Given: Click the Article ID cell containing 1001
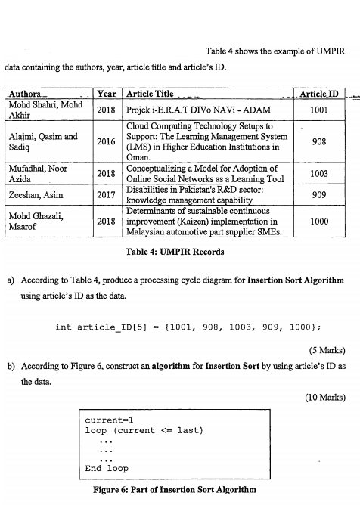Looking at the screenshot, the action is click(x=319, y=109).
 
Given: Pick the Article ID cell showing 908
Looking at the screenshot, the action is click(x=319, y=141).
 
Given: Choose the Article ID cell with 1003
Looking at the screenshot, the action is click(x=319, y=173).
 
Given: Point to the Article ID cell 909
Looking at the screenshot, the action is click(x=319, y=194).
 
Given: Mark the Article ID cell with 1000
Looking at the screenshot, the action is click(x=319, y=222).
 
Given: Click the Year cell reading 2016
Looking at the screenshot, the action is click(x=107, y=141).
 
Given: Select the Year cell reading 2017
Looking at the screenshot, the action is click(x=107, y=194).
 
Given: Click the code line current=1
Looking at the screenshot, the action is click(x=110, y=419).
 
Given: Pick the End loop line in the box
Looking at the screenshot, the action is click(x=107, y=467).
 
